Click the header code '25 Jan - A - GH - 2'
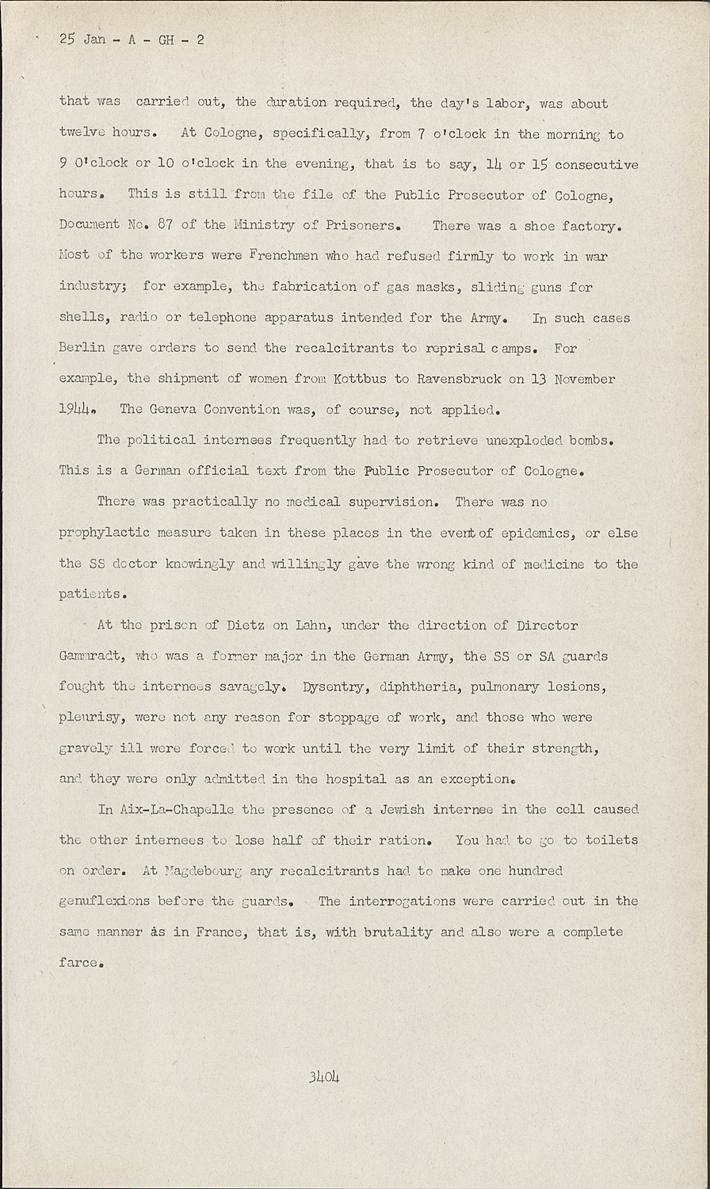tap(131, 39)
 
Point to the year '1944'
tap(77, 410)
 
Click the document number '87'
tap(165, 225)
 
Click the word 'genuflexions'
tap(104, 901)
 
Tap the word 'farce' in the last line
tap(78, 963)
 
